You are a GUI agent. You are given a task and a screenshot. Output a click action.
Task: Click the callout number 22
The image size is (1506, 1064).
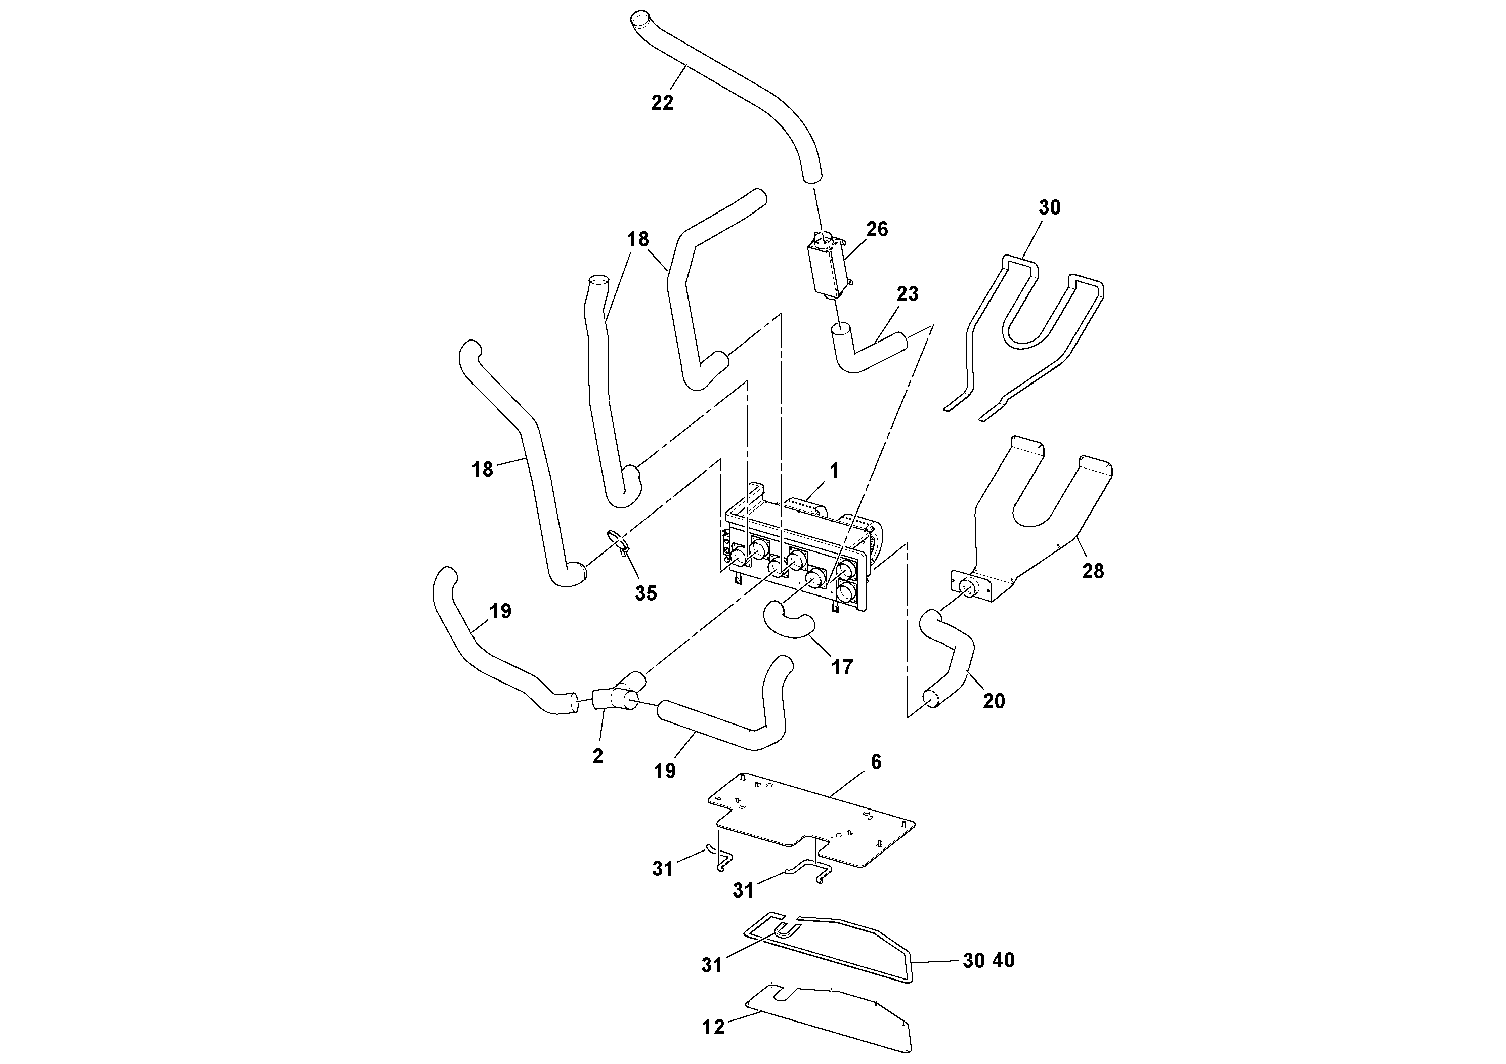click(662, 103)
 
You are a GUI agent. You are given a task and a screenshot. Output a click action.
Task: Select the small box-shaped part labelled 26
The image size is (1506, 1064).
click(826, 269)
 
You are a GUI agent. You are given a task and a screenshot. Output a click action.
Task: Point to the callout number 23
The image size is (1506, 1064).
click(907, 294)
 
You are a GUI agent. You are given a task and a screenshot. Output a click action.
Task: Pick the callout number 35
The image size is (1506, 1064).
click(646, 593)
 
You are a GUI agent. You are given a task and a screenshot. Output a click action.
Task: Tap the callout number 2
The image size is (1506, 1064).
click(597, 756)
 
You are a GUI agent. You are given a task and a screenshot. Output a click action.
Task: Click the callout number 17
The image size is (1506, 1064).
click(842, 668)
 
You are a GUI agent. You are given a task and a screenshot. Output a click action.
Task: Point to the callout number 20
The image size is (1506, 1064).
click(994, 701)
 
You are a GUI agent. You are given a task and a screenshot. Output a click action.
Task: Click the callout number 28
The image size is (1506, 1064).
click(1093, 571)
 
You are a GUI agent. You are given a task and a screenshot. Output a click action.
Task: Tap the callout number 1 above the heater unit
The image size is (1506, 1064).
click(834, 471)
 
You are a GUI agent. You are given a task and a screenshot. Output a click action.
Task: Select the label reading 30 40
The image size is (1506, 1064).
click(988, 960)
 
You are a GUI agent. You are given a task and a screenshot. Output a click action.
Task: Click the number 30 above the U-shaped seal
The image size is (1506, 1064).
click(1050, 207)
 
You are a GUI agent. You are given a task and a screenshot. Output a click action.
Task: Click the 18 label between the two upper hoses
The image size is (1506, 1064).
click(637, 239)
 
